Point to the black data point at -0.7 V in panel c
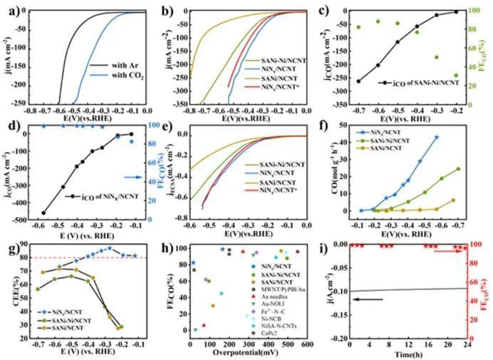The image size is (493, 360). (358, 81)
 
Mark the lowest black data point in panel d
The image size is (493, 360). (43, 213)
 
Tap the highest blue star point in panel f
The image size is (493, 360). (437, 137)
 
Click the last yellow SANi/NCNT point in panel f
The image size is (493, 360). (452, 200)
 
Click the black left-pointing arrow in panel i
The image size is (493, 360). (370, 300)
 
